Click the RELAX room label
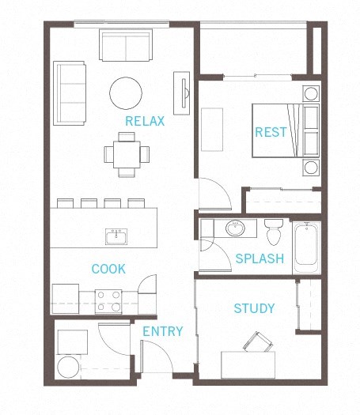coord(145,121)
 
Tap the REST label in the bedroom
coord(270,132)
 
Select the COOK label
coord(108,269)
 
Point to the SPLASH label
coord(260,258)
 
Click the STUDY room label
coord(254,307)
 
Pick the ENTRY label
coord(162,331)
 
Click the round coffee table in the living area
coord(126,92)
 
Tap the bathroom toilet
coord(275,232)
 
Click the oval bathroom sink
coord(236,229)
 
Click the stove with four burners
coord(108,301)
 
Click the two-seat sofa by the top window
coord(126,45)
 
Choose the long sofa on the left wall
coord(70,93)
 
